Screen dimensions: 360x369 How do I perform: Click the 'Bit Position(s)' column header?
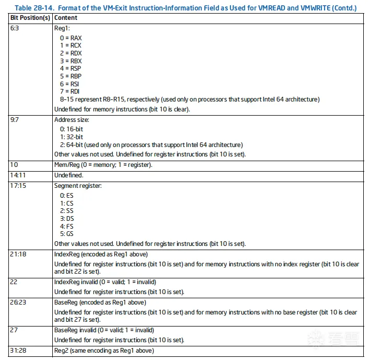point(30,18)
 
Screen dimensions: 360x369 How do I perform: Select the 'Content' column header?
point(65,18)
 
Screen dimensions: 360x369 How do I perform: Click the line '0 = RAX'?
point(71,38)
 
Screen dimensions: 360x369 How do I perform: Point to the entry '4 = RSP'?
point(71,69)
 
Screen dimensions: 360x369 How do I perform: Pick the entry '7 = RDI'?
point(70,92)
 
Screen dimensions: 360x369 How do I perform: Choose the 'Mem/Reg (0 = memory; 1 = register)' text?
point(103,164)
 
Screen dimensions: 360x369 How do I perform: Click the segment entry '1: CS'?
point(67,203)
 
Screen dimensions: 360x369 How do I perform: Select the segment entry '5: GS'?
point(67,234)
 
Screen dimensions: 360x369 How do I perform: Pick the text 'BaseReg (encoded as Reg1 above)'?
point(100,302)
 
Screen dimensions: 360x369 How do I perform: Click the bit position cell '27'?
point(14,330)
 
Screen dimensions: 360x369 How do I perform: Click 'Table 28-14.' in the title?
point(35,7)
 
